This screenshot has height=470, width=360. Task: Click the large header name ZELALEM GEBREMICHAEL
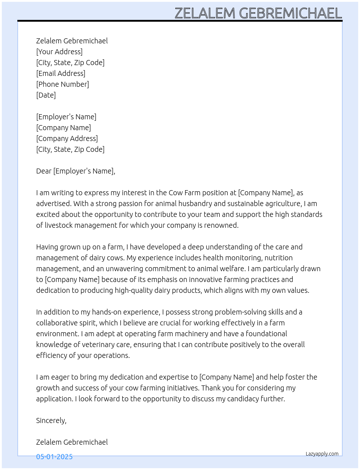coord(258,13)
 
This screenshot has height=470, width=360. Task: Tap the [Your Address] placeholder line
coord(59,52)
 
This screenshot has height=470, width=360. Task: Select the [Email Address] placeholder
coord(61,73)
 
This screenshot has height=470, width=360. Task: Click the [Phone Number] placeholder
coord(63,84)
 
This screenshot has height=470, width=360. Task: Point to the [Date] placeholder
coord(46,95)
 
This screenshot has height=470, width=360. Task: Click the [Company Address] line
coord(67,138)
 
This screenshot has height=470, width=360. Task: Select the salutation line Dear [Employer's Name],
coord(76,171)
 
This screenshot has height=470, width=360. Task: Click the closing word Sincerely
coord(51,420)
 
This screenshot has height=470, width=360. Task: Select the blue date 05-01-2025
coord(54,457)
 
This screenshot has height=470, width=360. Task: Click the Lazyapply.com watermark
coord(322,454)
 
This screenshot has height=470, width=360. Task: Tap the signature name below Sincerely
coord(72,442)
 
